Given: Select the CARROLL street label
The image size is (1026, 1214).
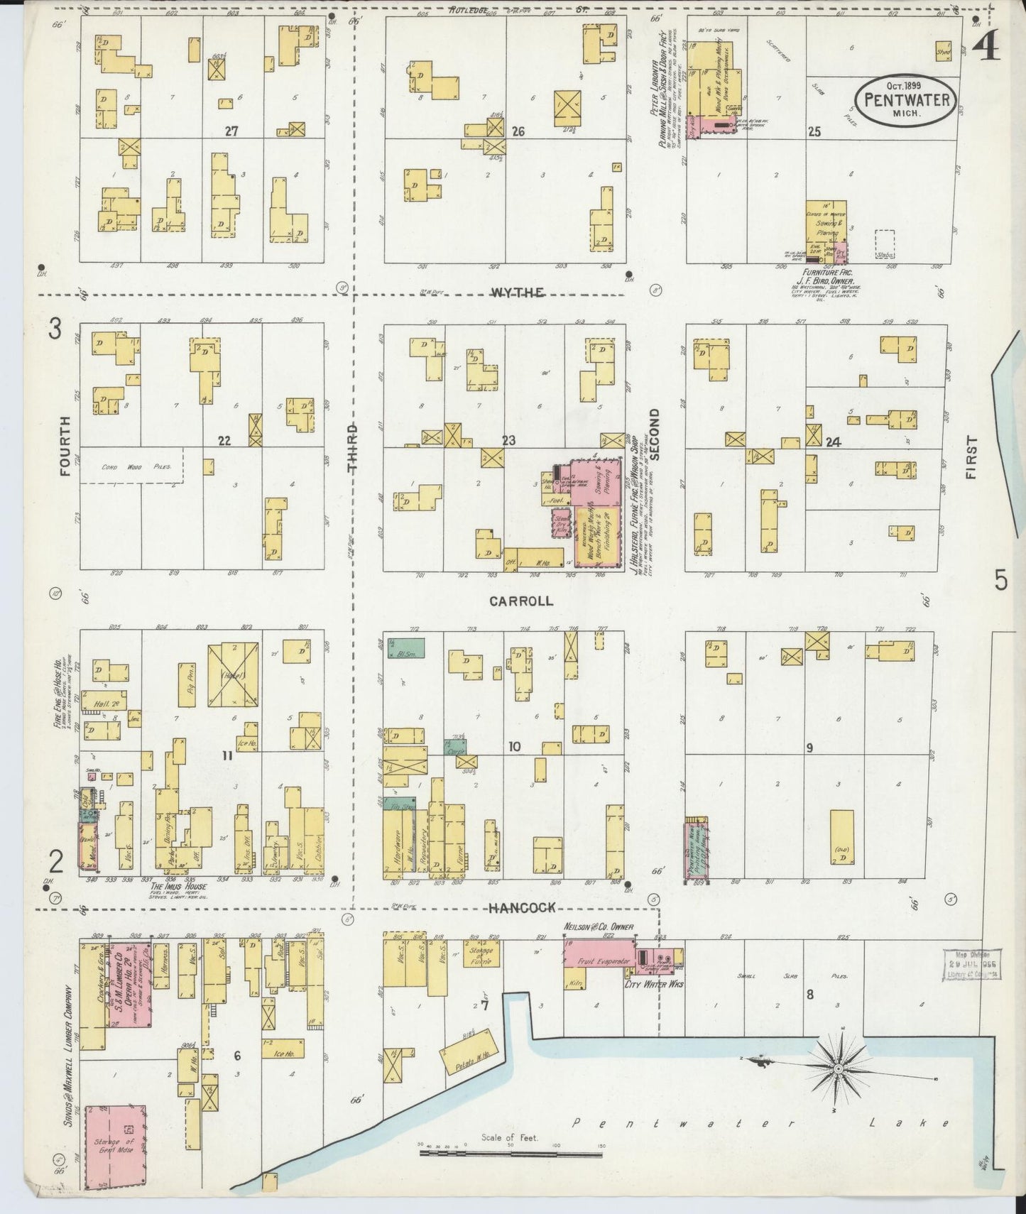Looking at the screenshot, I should click(521, 601).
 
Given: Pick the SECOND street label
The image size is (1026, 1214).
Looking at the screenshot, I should click(655, 434).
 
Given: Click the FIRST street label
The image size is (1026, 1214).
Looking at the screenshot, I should click(971, 458).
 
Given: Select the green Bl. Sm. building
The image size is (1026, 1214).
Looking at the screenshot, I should click(405, 647).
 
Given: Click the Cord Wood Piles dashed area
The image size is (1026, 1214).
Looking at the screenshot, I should click(131, 466).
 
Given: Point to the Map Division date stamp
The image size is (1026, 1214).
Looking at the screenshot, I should click(973, 965).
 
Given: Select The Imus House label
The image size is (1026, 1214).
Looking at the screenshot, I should click(178, 887).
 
